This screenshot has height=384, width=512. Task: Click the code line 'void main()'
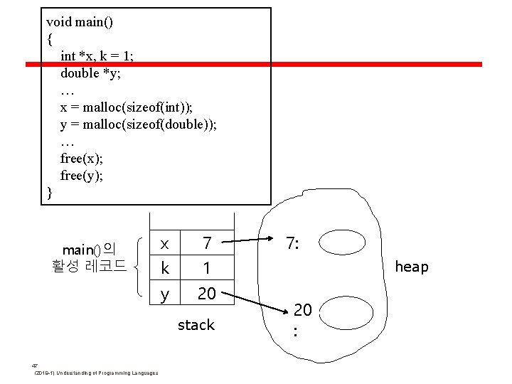(x=80, y=22)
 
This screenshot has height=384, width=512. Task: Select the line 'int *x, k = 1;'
(x=105, y=56)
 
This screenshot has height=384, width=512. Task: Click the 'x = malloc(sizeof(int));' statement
(x=127, y=107)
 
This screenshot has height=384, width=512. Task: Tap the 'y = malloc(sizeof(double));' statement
(x=139, y=124)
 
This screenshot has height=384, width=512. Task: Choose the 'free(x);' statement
(x=82, y=159)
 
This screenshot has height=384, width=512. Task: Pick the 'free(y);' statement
(x=82, y=176)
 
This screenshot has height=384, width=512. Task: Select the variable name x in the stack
(x=164, y=243)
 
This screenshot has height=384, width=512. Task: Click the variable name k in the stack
(x=165, y=268)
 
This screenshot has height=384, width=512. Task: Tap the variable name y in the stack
(x=164, y=293)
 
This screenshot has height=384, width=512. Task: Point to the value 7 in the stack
(x=207, y=243)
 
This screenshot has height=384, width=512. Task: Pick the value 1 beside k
(x=207, y=268)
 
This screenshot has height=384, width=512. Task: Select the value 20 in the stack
(x=207, y=293)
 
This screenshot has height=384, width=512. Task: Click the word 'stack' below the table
(x=196, y=325)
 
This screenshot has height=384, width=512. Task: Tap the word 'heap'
(x=412, y=267)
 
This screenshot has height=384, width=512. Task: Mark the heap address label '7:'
(x=292, y=243)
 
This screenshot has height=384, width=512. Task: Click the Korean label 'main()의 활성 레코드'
(x=89, y=257)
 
